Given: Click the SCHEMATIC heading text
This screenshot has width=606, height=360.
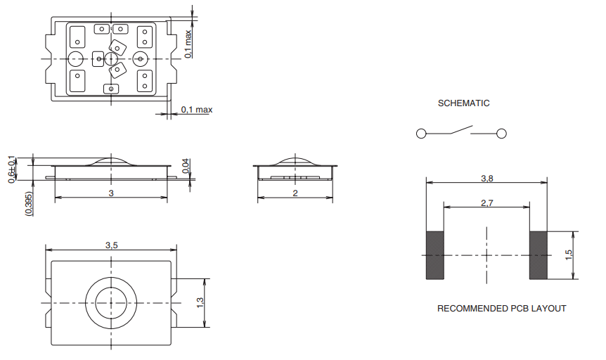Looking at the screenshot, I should [463, 103].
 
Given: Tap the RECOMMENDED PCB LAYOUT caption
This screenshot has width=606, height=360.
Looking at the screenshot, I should [501, 309].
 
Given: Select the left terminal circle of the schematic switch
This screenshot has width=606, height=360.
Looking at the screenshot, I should [420, 134].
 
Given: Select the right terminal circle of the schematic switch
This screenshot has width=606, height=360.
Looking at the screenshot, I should [502, 134].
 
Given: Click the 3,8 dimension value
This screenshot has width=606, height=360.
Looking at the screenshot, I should [486, 179].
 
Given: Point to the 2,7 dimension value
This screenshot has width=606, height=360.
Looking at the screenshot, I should [486, 202].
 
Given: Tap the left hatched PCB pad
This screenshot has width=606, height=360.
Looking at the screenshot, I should [435, 255].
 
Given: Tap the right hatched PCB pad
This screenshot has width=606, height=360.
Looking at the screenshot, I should [539, 255].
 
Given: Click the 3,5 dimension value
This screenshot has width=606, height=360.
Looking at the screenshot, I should [111, 245].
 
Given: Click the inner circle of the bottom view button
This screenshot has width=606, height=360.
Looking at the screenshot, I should [111, 302].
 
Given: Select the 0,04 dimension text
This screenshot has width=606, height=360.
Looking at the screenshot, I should [186, 167].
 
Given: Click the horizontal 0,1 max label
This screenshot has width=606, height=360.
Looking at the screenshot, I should [196, 110].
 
